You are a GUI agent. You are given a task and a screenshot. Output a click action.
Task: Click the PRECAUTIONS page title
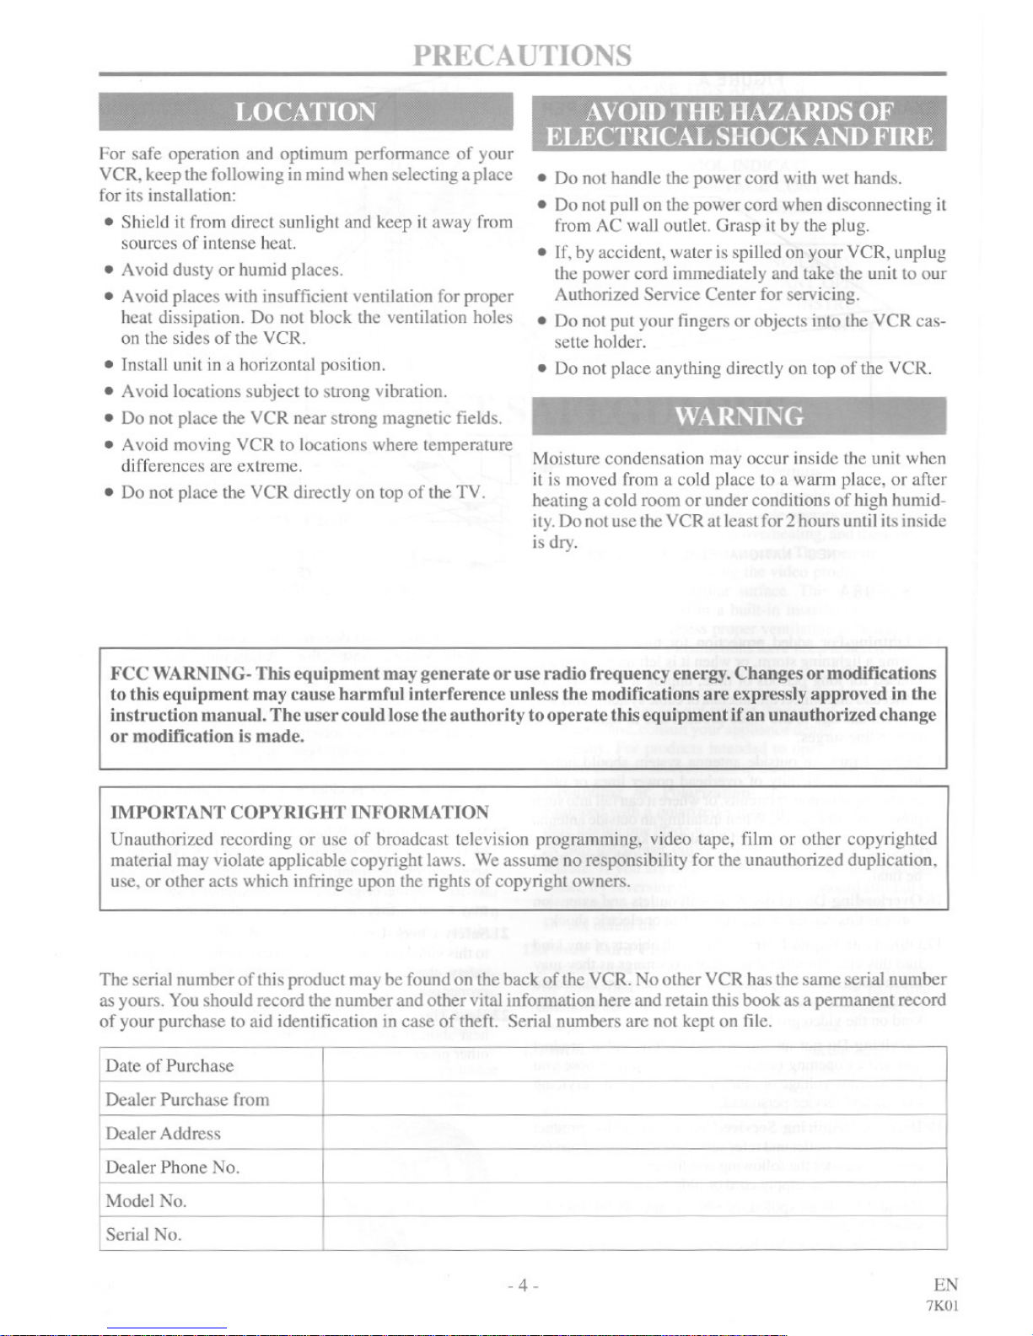[522, 55]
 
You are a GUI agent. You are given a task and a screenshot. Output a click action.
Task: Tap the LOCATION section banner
[305, 112]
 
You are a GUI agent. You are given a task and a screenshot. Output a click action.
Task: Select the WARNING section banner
[739, 416]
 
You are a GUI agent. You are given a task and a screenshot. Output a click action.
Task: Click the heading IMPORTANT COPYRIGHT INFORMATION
[299, 812]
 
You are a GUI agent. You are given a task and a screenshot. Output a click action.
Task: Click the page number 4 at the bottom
[523, 1285]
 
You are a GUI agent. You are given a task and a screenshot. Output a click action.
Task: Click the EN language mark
[945, 1285]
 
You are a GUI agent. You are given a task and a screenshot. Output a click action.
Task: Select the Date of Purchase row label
[169, 1065]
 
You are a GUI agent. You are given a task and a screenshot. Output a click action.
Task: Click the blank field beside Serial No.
[634, 1234]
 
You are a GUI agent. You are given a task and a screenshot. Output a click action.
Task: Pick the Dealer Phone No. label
[173, 1167]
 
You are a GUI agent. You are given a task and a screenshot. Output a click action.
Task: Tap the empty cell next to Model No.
[634, 1200]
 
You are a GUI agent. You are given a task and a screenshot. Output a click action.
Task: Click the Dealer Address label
[163, 1133]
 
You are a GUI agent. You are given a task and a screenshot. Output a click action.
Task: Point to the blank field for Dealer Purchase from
[634, 1099]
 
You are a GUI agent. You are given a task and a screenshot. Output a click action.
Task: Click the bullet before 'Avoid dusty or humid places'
[109, 271]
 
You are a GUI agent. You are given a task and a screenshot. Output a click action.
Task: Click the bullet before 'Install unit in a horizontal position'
[109, 365]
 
